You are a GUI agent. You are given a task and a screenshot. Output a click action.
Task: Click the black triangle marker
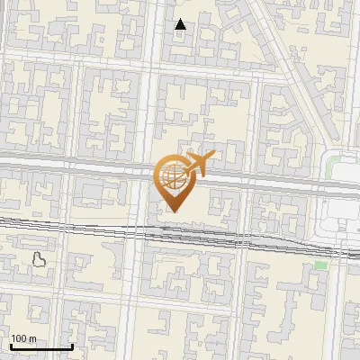coord(181,24)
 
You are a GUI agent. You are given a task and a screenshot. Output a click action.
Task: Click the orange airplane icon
coord(198,164)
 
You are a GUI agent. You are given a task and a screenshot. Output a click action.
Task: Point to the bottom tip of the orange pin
coord(173,212)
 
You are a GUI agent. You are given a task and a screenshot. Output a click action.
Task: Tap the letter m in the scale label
coord(32,339)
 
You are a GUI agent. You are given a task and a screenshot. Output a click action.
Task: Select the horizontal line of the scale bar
coord(40,347)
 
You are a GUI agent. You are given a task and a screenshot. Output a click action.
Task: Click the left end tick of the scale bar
coord(10,346)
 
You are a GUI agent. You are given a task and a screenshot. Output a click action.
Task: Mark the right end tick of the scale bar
coord(71,346)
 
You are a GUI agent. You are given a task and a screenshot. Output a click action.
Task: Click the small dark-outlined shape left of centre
coord(40,260)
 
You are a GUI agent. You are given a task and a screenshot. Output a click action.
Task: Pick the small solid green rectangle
coord(320,265)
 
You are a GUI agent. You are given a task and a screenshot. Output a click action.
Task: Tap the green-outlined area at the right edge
coord(335,166)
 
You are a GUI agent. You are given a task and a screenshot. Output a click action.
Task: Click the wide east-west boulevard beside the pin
coord(90,166)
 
